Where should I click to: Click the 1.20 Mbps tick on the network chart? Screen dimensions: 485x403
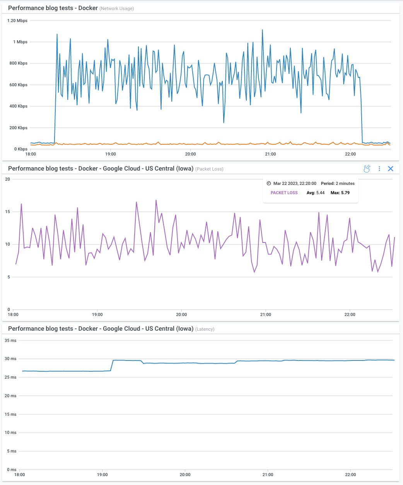[x=17, y=20]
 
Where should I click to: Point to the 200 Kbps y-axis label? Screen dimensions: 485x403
[x=18, y=128]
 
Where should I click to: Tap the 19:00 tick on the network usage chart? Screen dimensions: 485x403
[x=111, y=154]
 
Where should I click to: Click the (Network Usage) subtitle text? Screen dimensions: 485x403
[x=117, y=9]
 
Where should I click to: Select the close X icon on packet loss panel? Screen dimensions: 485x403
[x=391, y=169]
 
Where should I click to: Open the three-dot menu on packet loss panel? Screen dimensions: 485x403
[x=379, y=169]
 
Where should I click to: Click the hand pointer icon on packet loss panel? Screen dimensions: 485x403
[x=367, y=169]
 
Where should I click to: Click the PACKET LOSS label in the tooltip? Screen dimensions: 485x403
[x=284, y=193]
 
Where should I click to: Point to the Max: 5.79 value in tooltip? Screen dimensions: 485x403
[x=340, y=193]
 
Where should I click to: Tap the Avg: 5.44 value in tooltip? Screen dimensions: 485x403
[x=316, y=193]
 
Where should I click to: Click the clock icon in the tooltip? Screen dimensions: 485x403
[x=269, y=183]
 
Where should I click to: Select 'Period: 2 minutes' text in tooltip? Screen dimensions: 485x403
[x=338, y=183]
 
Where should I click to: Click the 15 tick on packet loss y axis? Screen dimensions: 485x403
[x=8, y=212]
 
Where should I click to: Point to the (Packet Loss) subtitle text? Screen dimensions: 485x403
[x=209, y=169]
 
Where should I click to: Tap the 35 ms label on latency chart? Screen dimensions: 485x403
[x=10, y=340]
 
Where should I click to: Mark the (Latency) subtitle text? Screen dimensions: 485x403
[x=205, y=329]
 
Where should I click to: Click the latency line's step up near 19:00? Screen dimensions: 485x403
[x=112, y=365]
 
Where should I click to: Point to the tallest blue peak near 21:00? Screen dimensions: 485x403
[x=262, y=30]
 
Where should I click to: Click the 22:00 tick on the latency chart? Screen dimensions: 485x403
[x=350, y=475]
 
